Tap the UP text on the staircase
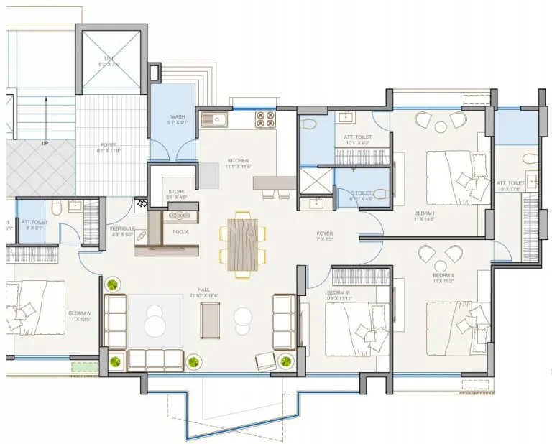coord(45,144)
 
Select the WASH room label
coord(178,116)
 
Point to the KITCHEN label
coord(238,160)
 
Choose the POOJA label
coord(180,232)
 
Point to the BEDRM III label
coord(338,293)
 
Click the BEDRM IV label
coord(79,314)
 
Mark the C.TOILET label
coord(362,193)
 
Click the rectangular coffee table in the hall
coord(210,318)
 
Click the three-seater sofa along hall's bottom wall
coord(155,360)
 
